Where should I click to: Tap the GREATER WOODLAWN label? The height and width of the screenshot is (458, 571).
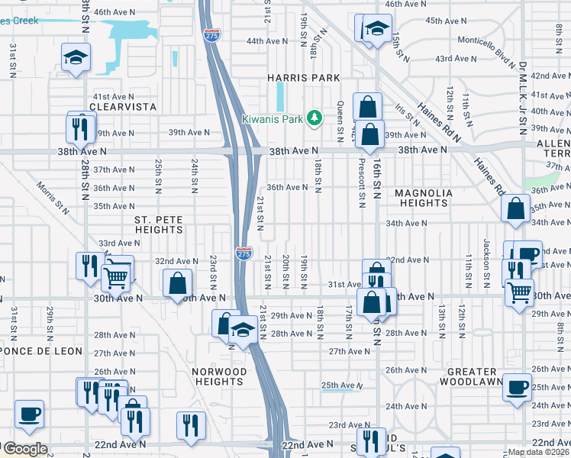point(474,376)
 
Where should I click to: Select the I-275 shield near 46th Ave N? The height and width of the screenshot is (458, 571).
point(211,35)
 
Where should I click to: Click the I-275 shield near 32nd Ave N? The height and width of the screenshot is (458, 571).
point(244,253)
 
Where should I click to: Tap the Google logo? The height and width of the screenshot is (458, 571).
point(25,449)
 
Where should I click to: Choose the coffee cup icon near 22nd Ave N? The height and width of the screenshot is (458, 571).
point(30,414)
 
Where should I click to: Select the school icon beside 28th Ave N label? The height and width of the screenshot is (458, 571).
point(243,330)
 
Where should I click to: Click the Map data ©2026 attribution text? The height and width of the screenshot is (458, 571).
point(538,452)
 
